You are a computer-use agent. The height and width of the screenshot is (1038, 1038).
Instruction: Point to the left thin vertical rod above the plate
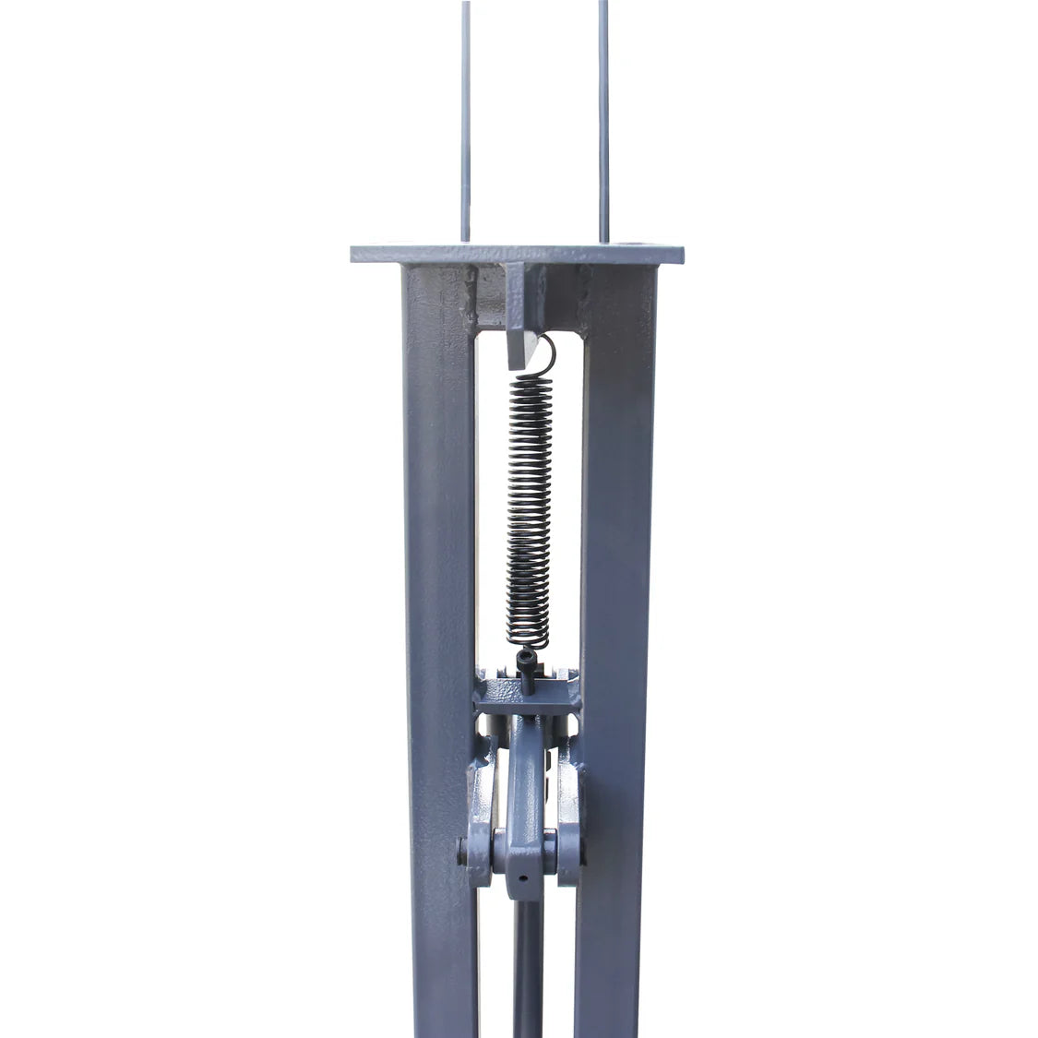[x=466, y=120]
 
